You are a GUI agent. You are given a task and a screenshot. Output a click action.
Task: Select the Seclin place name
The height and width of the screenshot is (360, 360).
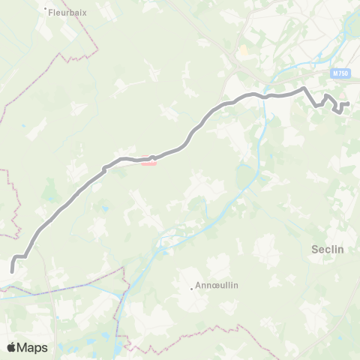(328, 250)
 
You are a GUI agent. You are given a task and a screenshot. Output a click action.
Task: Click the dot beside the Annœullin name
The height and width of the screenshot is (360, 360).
(190, 288)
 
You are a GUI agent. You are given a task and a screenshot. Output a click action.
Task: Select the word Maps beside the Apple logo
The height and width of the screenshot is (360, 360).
(33, 347)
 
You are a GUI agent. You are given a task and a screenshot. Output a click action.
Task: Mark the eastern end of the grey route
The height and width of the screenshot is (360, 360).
(349, 103)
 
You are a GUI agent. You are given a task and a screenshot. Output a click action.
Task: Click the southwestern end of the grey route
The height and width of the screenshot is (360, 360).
(12, 271)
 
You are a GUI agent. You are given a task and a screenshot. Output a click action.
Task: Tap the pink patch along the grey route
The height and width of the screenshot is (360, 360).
(148, 163)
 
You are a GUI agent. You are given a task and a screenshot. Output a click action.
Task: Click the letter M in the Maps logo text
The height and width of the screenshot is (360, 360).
(24, 347)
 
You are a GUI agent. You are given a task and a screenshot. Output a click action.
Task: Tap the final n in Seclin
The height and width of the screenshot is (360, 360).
(341, 250)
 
